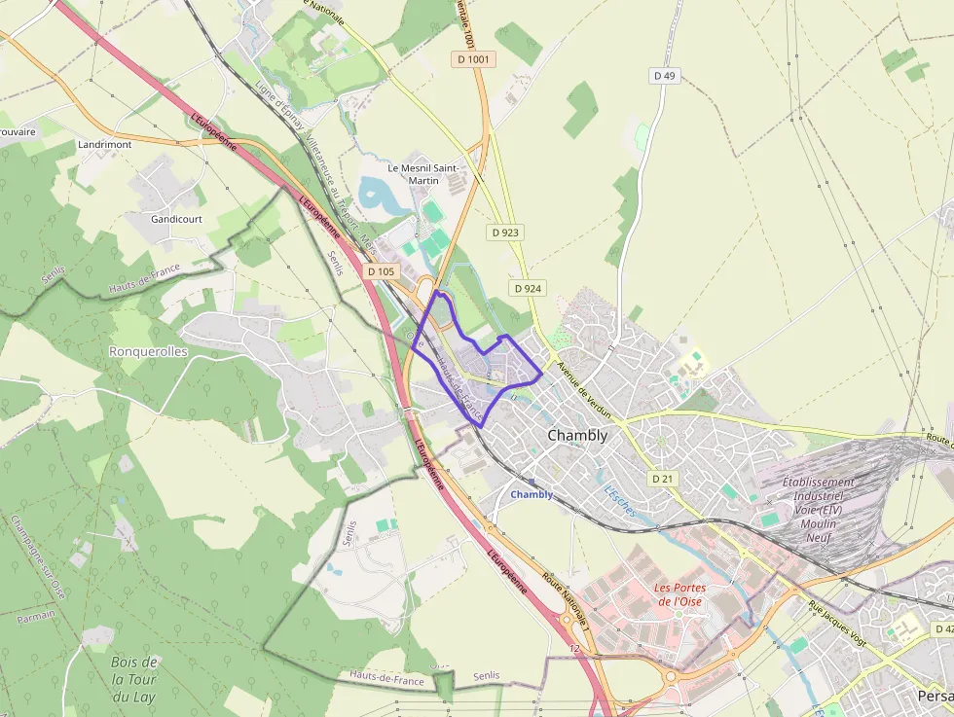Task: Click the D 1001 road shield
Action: coord(475,59)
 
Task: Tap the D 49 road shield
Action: coord(664,75)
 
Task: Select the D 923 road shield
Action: coord(505,233)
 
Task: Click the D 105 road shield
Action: coord(382,271)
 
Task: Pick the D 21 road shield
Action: coord(662,478)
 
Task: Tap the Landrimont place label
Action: coord(104,144)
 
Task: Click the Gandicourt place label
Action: coord(176,219)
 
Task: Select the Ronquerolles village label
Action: coord(148,351)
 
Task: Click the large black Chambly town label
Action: coord(577,435)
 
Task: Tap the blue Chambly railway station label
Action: coord(532,494)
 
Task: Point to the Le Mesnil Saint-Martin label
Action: coord(422,173)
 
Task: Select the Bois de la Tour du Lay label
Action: coord(134,679)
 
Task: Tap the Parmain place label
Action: coord(36,616)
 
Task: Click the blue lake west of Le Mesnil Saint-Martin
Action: coord(375,197)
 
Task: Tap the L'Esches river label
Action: coord(620,499)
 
